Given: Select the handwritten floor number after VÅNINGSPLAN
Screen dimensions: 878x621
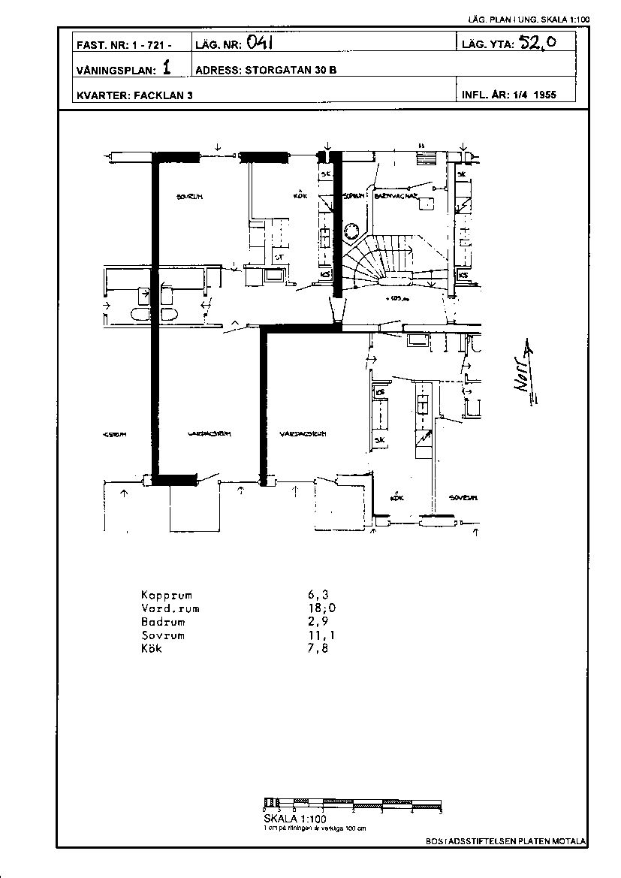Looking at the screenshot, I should coord(166,68).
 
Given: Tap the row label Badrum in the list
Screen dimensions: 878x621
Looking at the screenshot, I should coord(162,622).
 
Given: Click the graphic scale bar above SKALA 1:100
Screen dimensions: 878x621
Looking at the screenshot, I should coord(352,804).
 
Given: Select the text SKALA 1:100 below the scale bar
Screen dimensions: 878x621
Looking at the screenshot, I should coord(295,819).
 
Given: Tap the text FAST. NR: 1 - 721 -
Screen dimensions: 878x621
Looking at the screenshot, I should coord(124,45).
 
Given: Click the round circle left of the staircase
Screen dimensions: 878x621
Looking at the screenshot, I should coord(351,231).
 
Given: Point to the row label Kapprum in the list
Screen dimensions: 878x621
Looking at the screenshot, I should coord(167,596).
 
